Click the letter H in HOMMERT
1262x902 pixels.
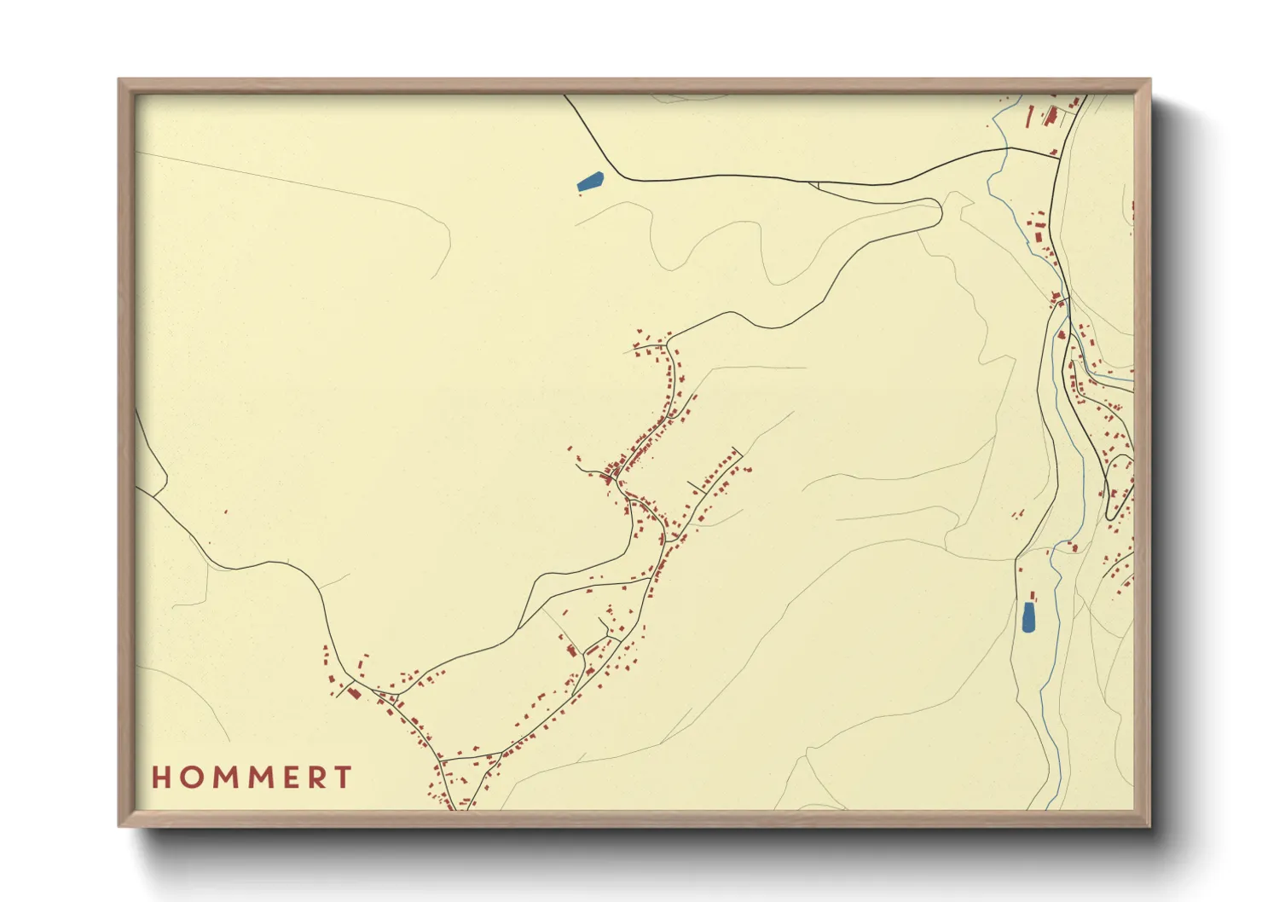click(x=161, y=778)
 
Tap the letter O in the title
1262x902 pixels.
click(x=190, y=778)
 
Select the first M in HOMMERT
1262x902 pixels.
click(x=224, y=778)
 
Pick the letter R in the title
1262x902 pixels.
click(x=317, y=778)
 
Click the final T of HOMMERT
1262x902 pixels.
click(x=344, y=778)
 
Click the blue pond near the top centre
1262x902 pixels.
click(x=590, y=182)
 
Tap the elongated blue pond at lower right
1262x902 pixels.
click(x=1028, y=616)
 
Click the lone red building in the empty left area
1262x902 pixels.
click(x=226, y=512)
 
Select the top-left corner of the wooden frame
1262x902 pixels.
click(x=119, y=80)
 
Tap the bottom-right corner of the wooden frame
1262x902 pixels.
click(x=1149, y=825)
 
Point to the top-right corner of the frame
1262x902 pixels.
click(x=1149, y=80)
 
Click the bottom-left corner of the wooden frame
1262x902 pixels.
click(x=119, y=825)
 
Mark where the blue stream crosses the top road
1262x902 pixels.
click(x=1007, y=149)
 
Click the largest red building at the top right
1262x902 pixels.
click(x=1051, y=116)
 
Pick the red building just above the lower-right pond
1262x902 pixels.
click(x=1033, y=595)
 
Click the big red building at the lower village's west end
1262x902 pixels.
click(x=354, y=693)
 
